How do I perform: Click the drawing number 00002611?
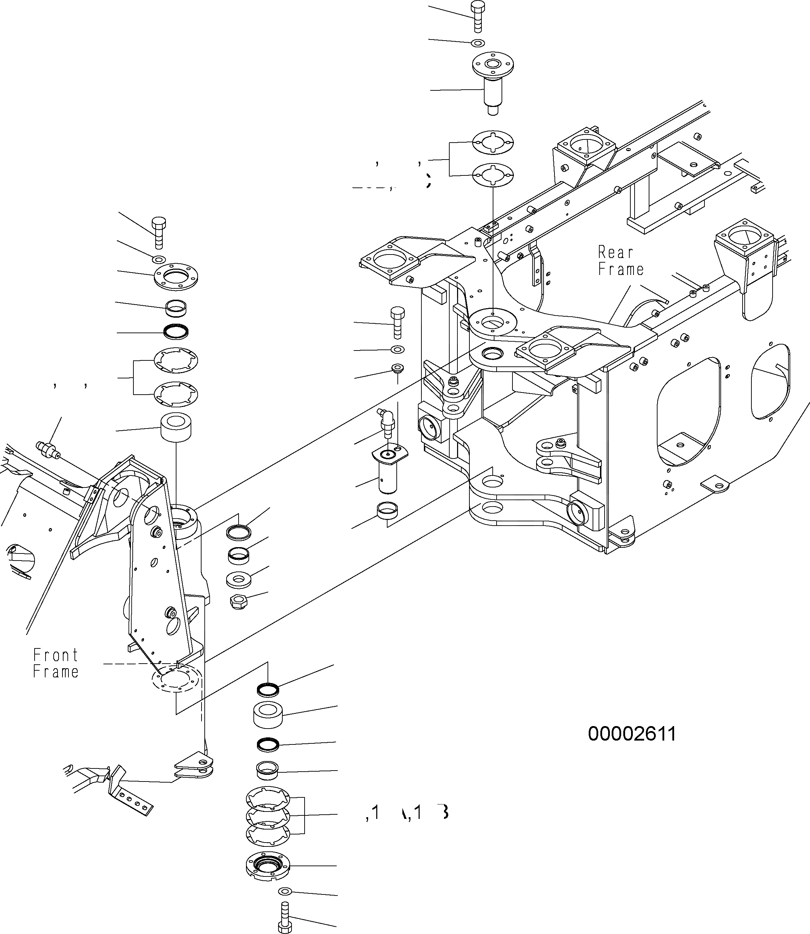point(631,734)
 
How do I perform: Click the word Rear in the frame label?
point(615,252)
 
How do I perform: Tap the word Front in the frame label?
point(55,655)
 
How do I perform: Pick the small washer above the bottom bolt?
point(284,888)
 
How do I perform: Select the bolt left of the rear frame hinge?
point(397,322)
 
